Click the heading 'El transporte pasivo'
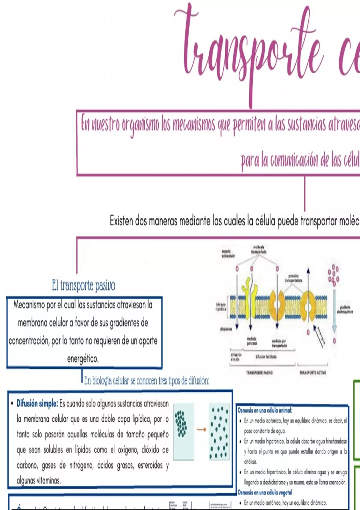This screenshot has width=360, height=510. pyautogui.click(x=83, y=285)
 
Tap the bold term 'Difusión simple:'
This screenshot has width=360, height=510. pyautogui.click(x=37, y=403)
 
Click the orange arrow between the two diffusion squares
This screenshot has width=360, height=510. pyautogui.click(x=201, y=430)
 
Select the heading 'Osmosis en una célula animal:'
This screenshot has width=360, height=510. pyautogui.click(x=265, y=410)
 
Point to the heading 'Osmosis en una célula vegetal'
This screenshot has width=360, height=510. pyautogui.click(x=265, y=492)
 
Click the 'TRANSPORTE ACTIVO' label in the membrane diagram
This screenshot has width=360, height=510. pyautogui.click(x=312, y=373)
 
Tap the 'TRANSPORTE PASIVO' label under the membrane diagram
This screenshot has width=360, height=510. pyautogui.click(x=259, y=373)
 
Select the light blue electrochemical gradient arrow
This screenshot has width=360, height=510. pyautogui.click(x=334, y=312)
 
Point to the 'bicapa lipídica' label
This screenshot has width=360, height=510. pyautogui.click(x=221, y=307)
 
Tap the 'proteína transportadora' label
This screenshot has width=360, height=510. pyautogui.click(x=293, y=278)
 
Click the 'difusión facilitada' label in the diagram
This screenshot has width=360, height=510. pyautogui.click(x=266, y=357)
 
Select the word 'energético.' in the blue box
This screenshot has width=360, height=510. pyautogui.click(x=83, y=359)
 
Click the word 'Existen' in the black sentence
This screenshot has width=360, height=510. pyautogui.click(x=121, y=221)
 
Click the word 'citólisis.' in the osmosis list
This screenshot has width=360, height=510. pyautogui.click(x=250, y=461)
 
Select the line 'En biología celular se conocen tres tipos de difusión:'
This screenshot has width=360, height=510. pyautogui.click(x=146, y=381)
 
